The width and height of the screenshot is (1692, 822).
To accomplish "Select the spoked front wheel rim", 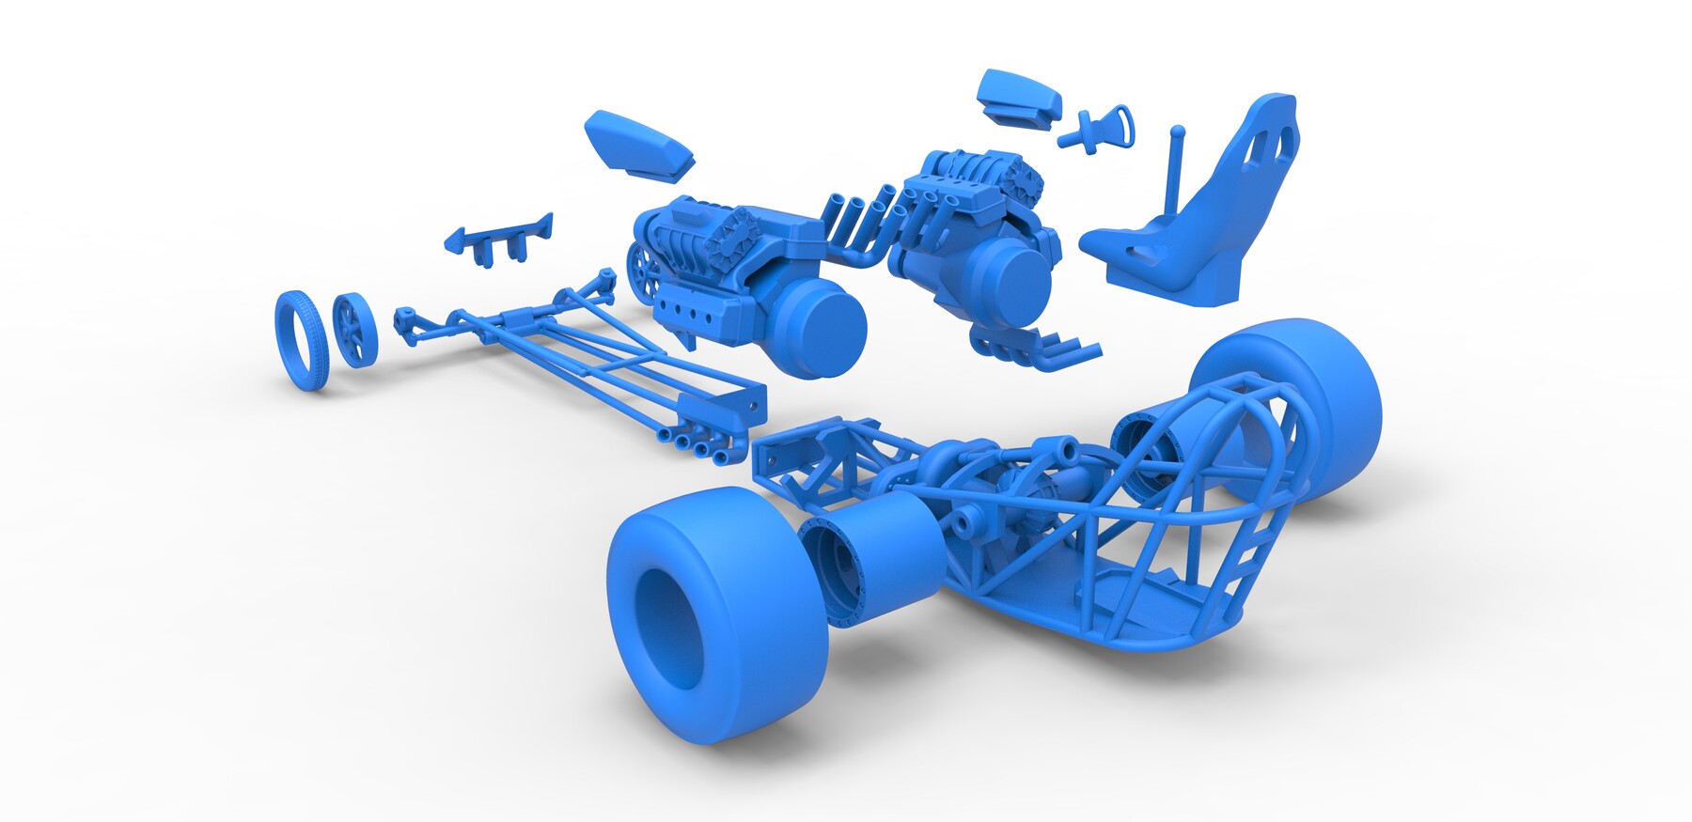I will pyautogui.click(x=354, y=331).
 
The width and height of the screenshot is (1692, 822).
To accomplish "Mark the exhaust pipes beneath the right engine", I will pyautogui.click(x=1043, y=348).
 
